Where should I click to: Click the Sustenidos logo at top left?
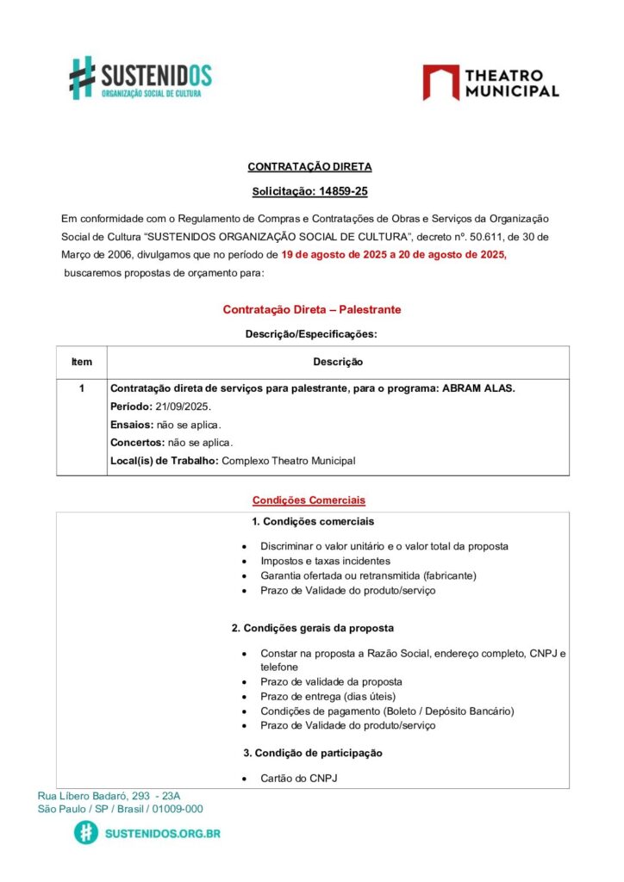(x=140, y=78)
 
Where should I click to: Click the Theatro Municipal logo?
(x=490, y=83)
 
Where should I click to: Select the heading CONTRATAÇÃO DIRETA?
(x=309, y=167)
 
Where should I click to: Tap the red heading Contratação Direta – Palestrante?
(x=312, y=309)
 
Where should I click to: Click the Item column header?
(x=82, y=362)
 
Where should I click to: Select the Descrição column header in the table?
(x=338, y=362)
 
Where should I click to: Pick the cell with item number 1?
(x=82, y=388)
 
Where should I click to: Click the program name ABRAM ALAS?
(x=478, y=388)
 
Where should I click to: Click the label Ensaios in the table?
(x=132, y=425)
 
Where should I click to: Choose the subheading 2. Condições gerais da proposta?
(x=313, y=628)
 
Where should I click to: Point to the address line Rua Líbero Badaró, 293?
(x=109, y=796)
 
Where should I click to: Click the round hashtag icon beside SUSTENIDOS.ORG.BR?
(x=86, y=833)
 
